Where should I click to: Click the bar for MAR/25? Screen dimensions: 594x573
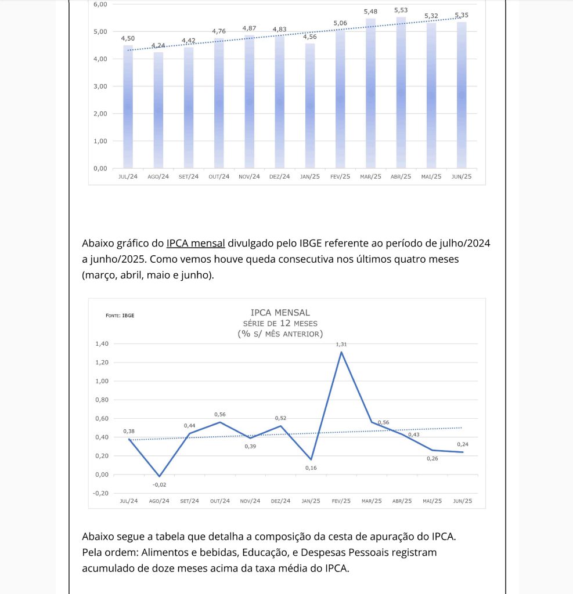coord(370,93)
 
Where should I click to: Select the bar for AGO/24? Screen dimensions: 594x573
coord(158,110)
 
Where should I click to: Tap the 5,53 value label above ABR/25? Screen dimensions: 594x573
coord(401,10)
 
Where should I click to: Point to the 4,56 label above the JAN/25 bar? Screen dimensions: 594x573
coord(310,37)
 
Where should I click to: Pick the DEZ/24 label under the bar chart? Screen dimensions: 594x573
coord(280,176)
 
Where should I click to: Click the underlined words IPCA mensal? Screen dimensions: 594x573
coord(196,243)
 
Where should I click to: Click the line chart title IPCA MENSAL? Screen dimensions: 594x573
coord(280,313)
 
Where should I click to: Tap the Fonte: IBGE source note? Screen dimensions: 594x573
coord(120,316)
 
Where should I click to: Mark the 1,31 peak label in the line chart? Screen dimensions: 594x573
coord(341,345)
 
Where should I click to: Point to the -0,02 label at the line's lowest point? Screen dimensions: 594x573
coord(159,484)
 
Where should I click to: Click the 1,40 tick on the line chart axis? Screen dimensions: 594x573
coord(102,344)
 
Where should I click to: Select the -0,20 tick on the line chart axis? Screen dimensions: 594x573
coord(100,493)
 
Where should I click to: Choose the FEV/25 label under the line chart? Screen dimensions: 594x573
coord(341,501)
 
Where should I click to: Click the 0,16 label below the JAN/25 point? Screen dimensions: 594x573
coord(311,468)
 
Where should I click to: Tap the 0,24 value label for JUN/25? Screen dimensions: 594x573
coord(462,444)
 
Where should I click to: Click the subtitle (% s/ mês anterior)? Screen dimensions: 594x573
coord(280,334)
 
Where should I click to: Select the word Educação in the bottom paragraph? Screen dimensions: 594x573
coord(264,552)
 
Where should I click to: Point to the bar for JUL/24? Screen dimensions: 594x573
coord(128,107)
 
